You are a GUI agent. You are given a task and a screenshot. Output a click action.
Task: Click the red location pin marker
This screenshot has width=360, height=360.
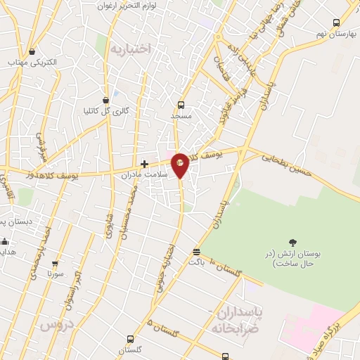(181, 164)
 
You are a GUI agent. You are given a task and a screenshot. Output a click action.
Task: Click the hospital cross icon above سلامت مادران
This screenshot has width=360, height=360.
(145, 164)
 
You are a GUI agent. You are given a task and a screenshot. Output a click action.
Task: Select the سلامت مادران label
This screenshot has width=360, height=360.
(145, 174)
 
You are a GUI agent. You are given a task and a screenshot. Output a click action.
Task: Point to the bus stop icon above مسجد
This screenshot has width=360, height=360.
(181, 103)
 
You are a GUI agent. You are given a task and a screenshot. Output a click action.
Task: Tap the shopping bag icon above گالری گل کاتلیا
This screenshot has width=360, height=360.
(105, 100)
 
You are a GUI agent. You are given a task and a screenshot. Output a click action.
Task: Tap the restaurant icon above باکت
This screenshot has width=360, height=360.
(196, 251)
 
